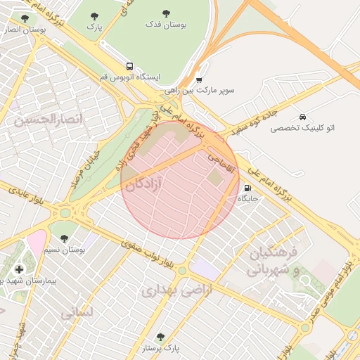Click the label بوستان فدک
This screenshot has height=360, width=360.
(x=167, y=25)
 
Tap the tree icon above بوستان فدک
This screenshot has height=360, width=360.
(x=167, y=13)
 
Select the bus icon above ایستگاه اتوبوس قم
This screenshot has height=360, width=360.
(x=129, y=65)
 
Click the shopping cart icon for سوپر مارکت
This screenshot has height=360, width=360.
(x=200, y=79)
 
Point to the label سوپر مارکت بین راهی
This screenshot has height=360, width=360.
(x=200, y=91)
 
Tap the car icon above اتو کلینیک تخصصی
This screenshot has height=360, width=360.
(x=302, y=117)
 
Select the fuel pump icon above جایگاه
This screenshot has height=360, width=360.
(x=247, y=188)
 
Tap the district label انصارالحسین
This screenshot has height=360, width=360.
(x=49, y=120)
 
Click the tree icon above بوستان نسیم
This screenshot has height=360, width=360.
(x=65, y=238)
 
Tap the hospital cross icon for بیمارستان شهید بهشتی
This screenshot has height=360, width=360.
(x=19, y=269)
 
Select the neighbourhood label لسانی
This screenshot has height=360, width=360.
(x=77, y=311)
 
